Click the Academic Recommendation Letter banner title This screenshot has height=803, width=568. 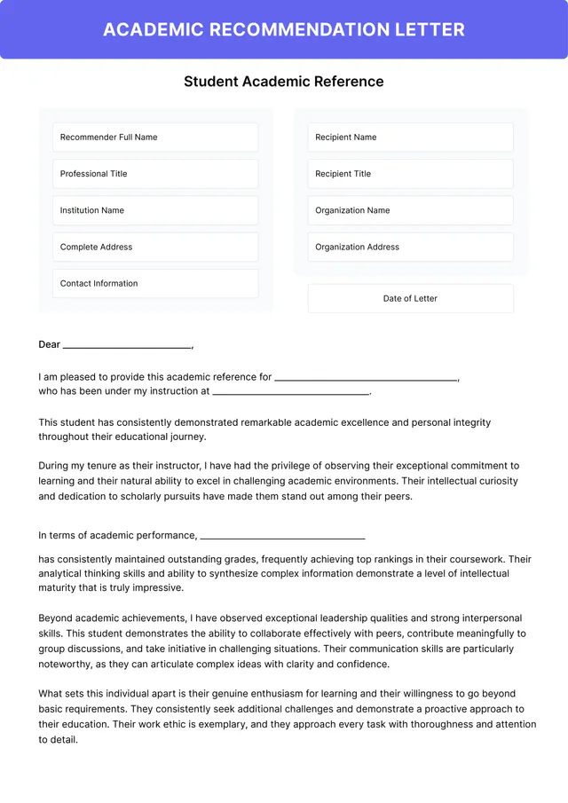point(284,29)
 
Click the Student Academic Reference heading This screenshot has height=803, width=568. point(284,82)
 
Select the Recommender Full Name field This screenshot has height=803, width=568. point(155,138)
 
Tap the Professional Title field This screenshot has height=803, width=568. point(155,174)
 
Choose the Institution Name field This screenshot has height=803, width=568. point(155,210)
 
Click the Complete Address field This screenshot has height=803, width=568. point(155,247)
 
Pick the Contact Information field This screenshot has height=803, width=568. point(155,283)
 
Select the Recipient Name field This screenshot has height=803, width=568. point(410,138)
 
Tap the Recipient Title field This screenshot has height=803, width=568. point(410,174)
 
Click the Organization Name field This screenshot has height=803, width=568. point(410,210)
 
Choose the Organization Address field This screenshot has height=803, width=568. point(410,247)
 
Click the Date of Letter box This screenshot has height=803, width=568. point(410,298)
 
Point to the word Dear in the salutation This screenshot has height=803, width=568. point(49,344)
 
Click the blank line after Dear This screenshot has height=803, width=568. point(127,346)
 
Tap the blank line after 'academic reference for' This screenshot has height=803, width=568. point(366,379)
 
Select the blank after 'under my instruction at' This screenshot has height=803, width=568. point(290,392)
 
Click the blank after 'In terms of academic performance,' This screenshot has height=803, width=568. point(282,537)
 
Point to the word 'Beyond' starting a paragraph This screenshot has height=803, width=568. point(56,618)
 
